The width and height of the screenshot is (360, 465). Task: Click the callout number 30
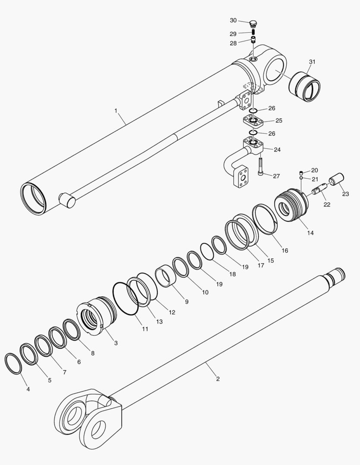coord(233,20)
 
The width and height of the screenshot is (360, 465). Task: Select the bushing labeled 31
coord(305,87)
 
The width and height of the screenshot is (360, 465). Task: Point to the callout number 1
coord(116,111)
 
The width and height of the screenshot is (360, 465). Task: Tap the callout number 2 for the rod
coord(218,379)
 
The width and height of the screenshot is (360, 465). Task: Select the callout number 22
coord(327,205)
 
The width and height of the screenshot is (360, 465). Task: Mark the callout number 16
coord(285,250)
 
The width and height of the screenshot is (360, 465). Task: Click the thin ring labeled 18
coord(207,251)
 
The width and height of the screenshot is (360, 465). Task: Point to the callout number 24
coord(277,150)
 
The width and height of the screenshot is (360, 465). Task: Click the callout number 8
coord(93,353)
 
